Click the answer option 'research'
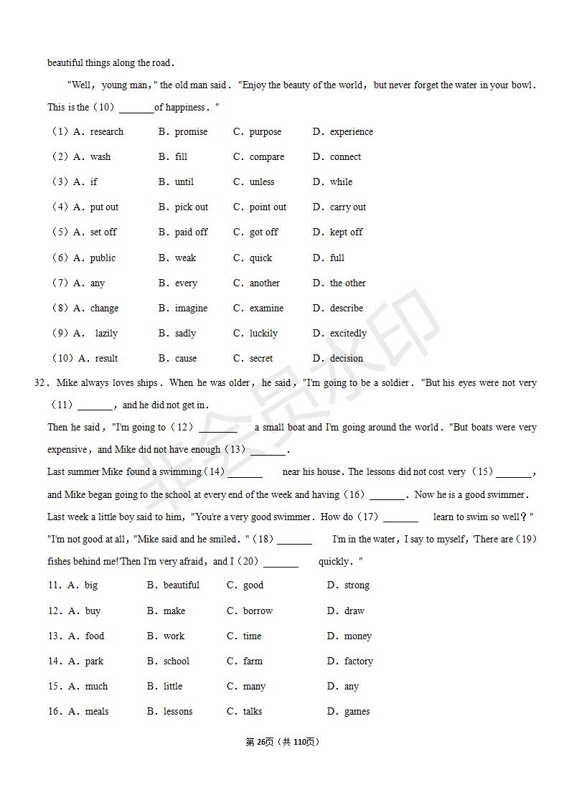pyautogui.click(x=106, y=132)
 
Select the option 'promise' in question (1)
pyautogui.click(x=191, y=132)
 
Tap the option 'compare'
pyautogui.click(x=266, y=157)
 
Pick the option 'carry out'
pyautogui.click(x=347, y=207)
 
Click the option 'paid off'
pyautogui.click(x=191, y=232)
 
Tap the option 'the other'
pyautogui.click(x=347, y=283)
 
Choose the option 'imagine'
pyautogui.click(x=191, y=309)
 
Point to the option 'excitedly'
pyautogui.click(x=348, y=334)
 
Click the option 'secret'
pyautogui.click(x=261, y=359)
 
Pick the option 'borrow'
pyautogui.click(x=258, y=611)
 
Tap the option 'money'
pyautogui.click(x=357, y=636)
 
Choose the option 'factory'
pyautogui.click(x=358, y=662)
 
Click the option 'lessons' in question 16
pyautogui.click(x=177, y=712)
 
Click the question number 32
pyautogui.click(x=40, y=383)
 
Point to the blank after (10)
pyautogui.click(x=136, y=108)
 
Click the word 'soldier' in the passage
pyautogui.click(x=392, y=383)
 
